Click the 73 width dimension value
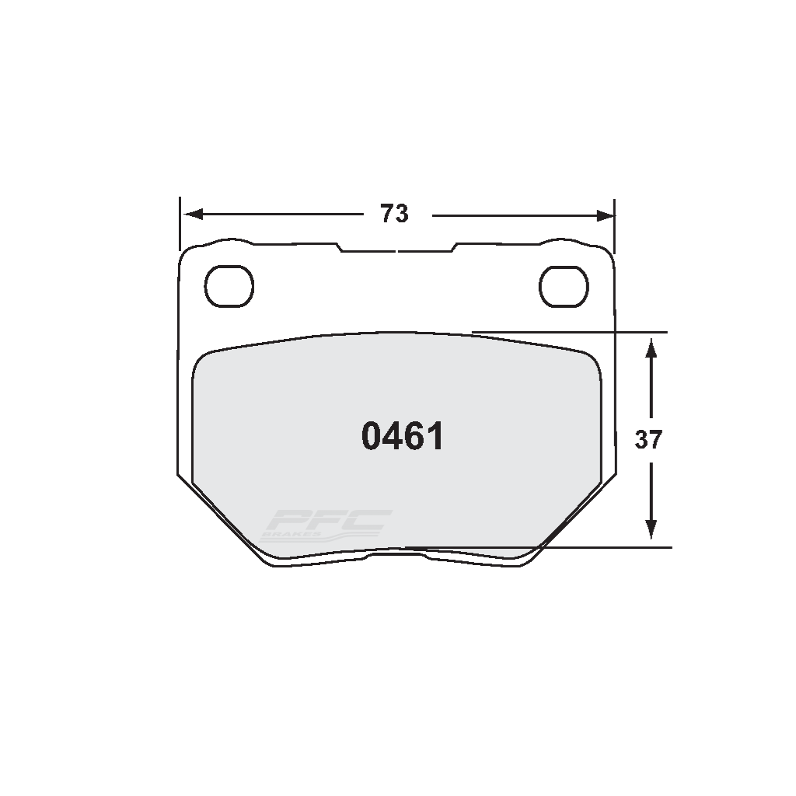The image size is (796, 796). pyautogui.click(x=394, y=213)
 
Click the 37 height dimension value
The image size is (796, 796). pyautogui.click(x=648, y=440)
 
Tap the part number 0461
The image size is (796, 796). pyautogui.click(x=403, y=437)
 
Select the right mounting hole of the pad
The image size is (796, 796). pyautogui.click(x=563, y=285)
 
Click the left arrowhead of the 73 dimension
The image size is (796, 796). pyautogui.click(x=191, y=214)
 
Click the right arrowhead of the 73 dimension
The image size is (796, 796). pyautogui.click(x=604, y=214)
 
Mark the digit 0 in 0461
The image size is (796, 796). pyautogui.click(x=372, y=437)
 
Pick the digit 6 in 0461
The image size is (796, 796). pyautogui.click(x=414, y=437)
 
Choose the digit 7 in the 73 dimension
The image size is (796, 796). pyautogui.click(x=386, y=213)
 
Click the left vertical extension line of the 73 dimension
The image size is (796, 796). pyautogui.click(x=180, y=225)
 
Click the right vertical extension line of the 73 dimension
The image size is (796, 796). pyautogui.click(x=615, y=225)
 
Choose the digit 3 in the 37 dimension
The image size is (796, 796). pyautogui.click(x=641, y=440)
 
